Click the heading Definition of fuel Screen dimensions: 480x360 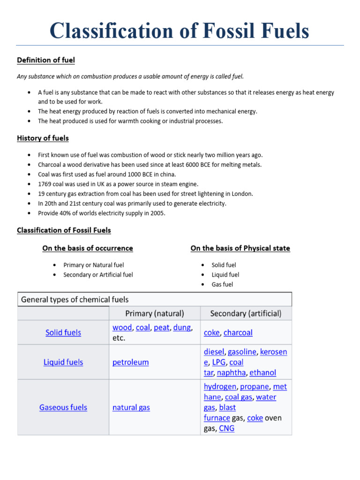[46, 60]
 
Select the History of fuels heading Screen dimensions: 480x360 [43, 138]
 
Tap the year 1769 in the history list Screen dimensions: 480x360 [45, 184]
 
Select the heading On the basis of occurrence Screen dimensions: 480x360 [88, 248]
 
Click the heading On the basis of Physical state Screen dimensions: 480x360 [240, 248]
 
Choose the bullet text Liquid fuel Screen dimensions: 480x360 [225, 275]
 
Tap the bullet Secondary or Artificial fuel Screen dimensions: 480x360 [98, 275]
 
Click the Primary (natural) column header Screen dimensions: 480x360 [155, 313]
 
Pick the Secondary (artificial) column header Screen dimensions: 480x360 [246, 313]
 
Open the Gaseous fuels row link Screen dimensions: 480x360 [63, 407]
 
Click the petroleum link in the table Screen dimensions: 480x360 [130, 362]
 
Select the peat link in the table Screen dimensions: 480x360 [161, 328]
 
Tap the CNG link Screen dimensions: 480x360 [226, 428]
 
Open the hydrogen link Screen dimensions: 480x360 [220, 387]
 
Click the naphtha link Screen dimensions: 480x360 [231, 373]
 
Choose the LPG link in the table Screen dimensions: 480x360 [218, 362]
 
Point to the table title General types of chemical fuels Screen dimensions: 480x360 [75, 300]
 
